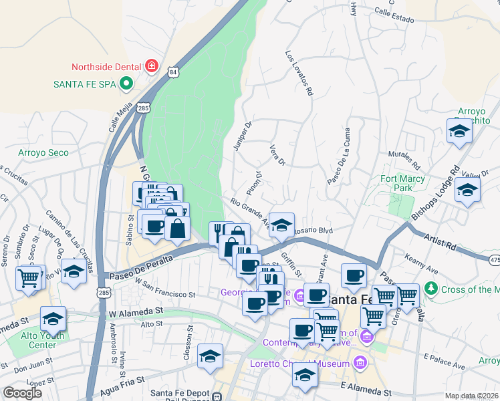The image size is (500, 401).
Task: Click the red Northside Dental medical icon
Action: (152, 66)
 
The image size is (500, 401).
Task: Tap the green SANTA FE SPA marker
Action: (125, 84)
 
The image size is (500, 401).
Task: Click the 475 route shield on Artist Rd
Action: (495, 259)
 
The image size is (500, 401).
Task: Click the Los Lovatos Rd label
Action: (299, 74)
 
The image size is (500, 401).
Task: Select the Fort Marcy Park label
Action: (405, 183)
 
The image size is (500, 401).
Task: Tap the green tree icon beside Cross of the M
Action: (431, 289)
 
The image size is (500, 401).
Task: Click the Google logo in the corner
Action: (22, 393)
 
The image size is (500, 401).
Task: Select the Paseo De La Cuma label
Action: (338, 164)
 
